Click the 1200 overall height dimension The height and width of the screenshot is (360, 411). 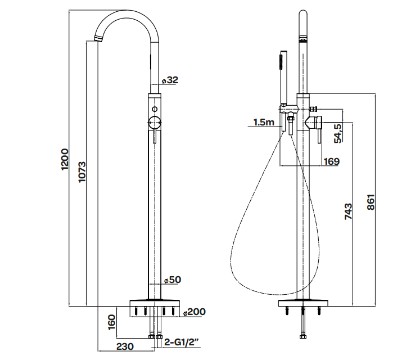coord(65,159)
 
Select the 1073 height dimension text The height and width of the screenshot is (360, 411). coord(82,172)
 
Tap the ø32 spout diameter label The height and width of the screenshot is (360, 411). coord(170,80)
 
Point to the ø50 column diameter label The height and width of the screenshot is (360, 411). coord(173,280)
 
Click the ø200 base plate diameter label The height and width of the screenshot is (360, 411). coord(194,312)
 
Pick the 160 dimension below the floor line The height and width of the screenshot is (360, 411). coord(112,322)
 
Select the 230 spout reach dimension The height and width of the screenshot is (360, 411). coord(125,346)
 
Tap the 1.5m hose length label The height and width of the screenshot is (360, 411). coord(264,122)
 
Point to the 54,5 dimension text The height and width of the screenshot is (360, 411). coord(338,133)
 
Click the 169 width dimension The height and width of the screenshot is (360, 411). coord(332,161)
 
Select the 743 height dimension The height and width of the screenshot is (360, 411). coord(349,211)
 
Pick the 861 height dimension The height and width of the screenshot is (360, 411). coord(371,202)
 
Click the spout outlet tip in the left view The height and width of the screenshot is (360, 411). coord(97,39)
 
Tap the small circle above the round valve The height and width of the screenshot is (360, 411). coord(155,109)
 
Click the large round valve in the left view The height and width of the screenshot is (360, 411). coord(155,123)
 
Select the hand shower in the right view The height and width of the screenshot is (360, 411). coord(283,77)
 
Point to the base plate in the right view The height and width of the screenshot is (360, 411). coord(303,303)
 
